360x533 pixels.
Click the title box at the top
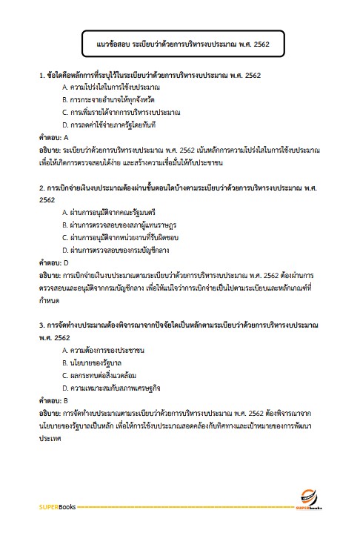[x=178, y=44]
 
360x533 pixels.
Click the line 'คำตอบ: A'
[x=53, y=137]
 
